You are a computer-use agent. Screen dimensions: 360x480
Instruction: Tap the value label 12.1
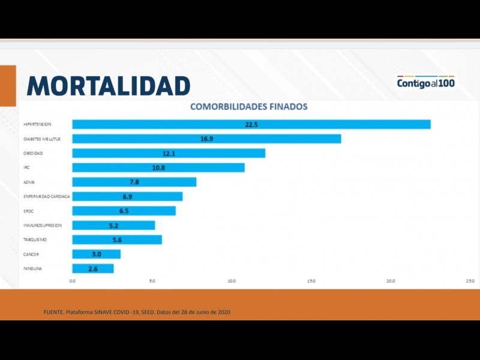(x=169, y=153)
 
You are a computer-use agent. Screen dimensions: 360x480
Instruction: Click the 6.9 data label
(x=127, y=196)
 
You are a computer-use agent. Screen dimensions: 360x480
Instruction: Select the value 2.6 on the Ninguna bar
(x=93, y=269)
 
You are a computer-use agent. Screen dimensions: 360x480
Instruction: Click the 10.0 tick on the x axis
(x=232, y=281)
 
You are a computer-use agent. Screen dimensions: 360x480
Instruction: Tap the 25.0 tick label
(x=470, y=281)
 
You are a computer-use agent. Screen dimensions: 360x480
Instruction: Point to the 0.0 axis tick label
(x=73, y=281)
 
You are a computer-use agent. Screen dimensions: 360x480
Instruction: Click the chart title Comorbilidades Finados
(x=248, y=107)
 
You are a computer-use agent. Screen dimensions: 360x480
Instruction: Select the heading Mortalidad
(x=109, y=85)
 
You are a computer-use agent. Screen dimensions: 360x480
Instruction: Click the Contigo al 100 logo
(x=426, y=83)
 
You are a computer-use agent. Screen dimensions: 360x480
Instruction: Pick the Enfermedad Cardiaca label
(x=46, y=196)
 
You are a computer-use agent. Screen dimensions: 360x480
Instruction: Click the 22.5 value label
(x=251, y=124)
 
